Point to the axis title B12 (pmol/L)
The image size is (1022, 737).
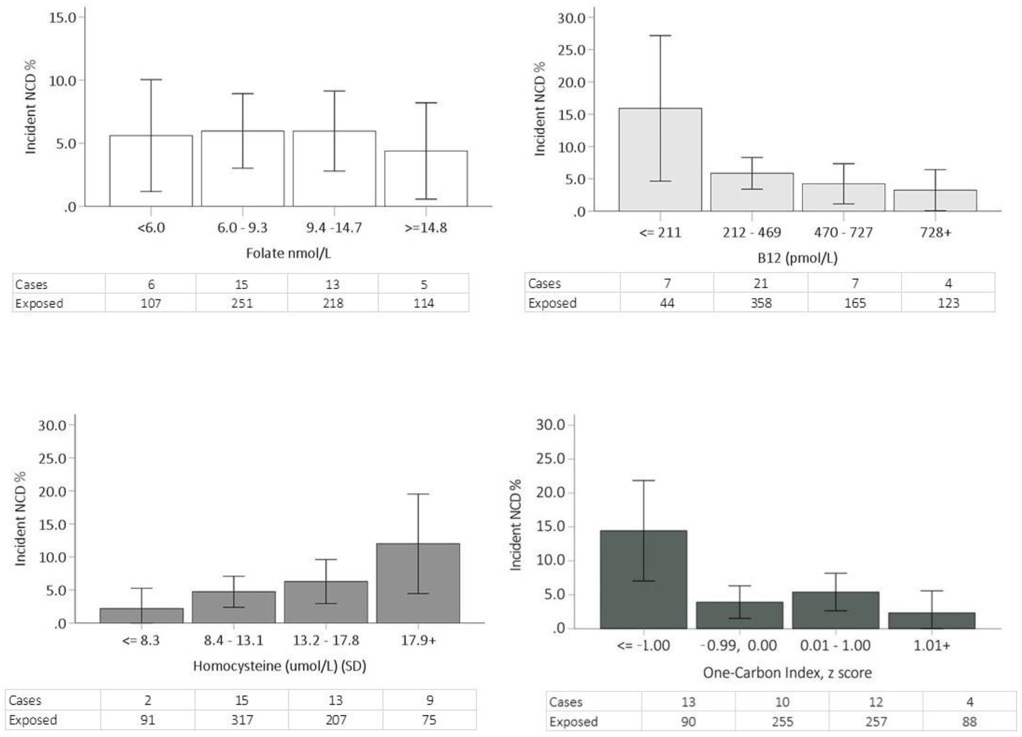797,258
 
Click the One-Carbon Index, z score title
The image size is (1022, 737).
787,673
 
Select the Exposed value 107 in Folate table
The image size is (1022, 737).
151,303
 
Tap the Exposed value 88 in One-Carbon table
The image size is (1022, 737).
969,722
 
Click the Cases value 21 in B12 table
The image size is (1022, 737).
761,283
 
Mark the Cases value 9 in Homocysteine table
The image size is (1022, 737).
430,700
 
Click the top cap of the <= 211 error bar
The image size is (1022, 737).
660,36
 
